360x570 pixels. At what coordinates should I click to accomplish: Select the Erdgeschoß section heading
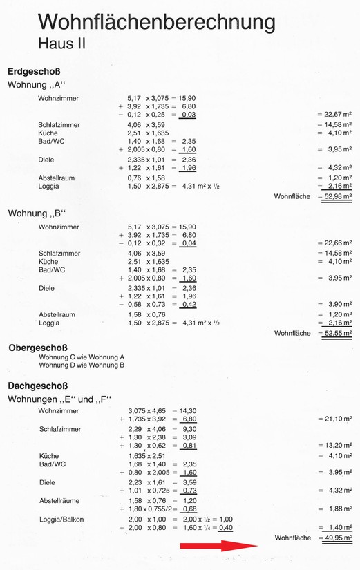[35, 72]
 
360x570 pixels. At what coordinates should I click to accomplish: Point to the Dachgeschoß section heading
[37, 386]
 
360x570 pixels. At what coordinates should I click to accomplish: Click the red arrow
[218, 547]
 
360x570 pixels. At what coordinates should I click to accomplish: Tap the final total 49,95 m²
[337, 537]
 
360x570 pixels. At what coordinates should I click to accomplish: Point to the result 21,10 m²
[337, 419]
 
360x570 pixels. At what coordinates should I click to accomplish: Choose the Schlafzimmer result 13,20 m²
[337, 446]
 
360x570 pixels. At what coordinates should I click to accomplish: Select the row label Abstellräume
[60, 500]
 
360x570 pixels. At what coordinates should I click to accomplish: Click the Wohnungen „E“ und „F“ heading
[59, 399]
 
